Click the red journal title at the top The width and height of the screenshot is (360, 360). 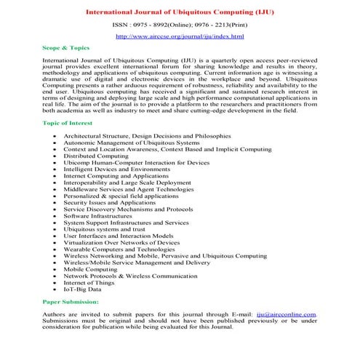[180, 12]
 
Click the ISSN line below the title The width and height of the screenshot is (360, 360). [180, 25]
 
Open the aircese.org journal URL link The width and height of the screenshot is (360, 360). [180, 36]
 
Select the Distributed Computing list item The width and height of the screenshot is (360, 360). [95, 156]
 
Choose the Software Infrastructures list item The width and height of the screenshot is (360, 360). [99, 216]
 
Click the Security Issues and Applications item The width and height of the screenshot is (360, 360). [109, 202]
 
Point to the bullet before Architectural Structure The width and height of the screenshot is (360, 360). [55, 136]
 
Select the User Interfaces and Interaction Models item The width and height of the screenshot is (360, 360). [118, 236]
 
